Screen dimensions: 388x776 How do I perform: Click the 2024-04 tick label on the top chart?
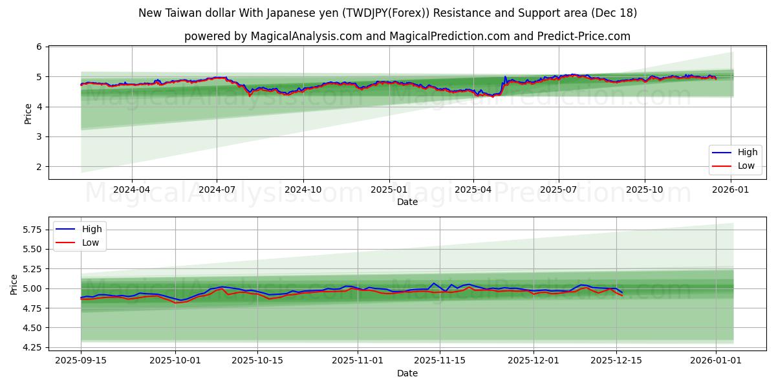coord(132,190)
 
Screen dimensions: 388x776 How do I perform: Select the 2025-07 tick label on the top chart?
coord(558,190)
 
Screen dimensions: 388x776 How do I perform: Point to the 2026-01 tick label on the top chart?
coord(730,190)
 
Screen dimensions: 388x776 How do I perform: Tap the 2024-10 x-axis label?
coord(303,190)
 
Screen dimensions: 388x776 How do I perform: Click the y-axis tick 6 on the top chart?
coord(39,47)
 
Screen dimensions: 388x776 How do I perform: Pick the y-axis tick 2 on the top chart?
coord(39,167)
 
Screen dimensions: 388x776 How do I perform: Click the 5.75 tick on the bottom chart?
coord(31,230)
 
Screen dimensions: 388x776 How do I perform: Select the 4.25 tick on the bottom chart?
coord(31,347)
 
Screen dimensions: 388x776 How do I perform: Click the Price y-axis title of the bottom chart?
coord(14,284)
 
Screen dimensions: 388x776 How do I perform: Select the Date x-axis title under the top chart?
coord(407,202)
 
